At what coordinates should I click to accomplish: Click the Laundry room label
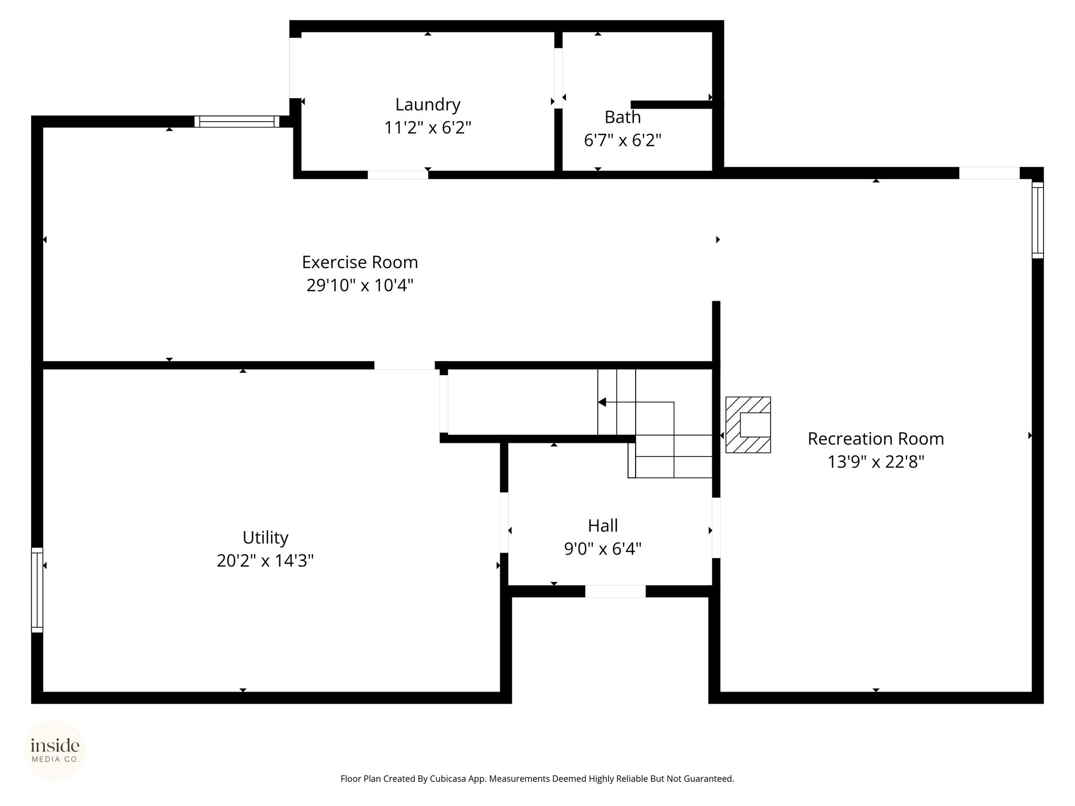pyautogui.click(x=428, y=105)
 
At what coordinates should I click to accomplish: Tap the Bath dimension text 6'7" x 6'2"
pyautogui.click(x=623, y=140)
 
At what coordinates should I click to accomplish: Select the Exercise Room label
pyautogui.click(x=360, y=262)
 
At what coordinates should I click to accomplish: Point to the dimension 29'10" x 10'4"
pyautogui.click(x=360, y=285)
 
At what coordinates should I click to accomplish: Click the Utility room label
pyautogui.click(x=265, y=538)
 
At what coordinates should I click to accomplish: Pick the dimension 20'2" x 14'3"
pyautogui.click(x=265, y=561)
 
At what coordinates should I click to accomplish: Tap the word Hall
pyautogui.click(x=603, y=525)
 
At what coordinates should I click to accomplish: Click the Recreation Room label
pyautogui.click(x=876, y=439)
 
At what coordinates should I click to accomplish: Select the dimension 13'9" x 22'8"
pyautogui.click(x=876, y=462)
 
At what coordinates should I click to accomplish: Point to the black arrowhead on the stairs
pyautogui.click(x=602, y=402)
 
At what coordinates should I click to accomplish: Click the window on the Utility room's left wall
pyautogui.click(x=37, y=590)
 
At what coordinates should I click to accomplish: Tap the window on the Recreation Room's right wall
pyautogui.click(x=1038, y=220)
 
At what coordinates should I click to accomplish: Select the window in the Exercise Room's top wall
pyautogui.click(x=237, y=122)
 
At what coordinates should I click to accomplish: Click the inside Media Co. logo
pyautogui.click(x=55, y=750)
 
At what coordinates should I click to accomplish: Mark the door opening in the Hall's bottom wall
pyautogui.click(x=615, y=591)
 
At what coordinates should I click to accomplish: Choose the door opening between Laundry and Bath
pyautogui.click(x=558, y=78)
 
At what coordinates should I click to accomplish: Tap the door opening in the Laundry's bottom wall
pyautogui.click(x=398, y=175)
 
